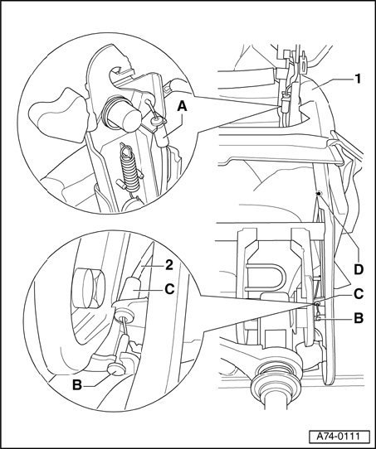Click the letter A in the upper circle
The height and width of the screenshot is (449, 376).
[182, 107]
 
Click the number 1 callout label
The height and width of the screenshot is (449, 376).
[357, 79]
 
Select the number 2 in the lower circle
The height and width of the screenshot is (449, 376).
[169, 265]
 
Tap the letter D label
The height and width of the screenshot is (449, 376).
[359, 269]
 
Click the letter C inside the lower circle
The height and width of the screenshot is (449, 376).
[169, 289]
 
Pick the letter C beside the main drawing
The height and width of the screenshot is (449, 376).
[359, 294]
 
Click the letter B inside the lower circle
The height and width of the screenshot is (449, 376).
[77, 385]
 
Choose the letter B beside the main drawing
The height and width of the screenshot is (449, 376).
[359, 318]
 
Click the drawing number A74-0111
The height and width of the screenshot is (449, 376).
[338, 436]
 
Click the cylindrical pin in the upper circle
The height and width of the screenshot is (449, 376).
[122, 113]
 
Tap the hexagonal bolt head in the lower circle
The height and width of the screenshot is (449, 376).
[88, 288]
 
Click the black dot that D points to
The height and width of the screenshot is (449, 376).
[319, 194]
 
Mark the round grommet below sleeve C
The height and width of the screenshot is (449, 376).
[124, 316]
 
